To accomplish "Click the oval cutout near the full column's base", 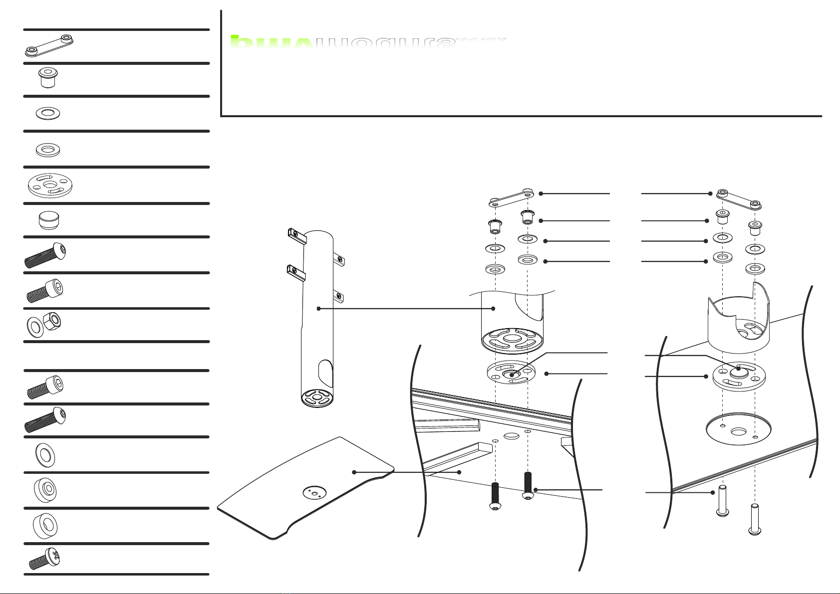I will (x=323, y=371).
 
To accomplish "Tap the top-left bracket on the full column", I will (x=295, y=234).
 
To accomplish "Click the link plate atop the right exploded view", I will (x=739, y=199).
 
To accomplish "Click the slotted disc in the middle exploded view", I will (x=511, y=374).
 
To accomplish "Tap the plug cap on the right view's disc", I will (x=739, y=370).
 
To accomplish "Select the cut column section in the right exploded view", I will (x=739, y=319).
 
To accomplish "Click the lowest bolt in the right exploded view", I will (x=755, y=519).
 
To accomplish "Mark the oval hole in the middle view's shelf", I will (x=511, y=436).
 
